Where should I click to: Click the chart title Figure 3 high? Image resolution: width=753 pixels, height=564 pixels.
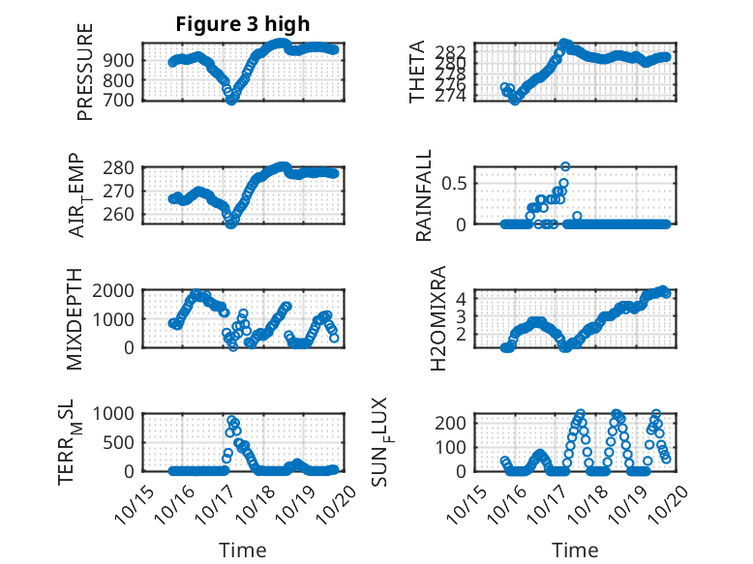pos(242,24)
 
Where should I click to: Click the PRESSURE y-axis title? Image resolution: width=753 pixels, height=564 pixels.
pos(85,72)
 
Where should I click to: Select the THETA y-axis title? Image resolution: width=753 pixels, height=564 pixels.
pos(417,72)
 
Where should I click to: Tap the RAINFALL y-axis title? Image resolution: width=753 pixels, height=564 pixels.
pos(424,196)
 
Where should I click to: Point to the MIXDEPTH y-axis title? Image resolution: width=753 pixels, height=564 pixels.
pos(76,319)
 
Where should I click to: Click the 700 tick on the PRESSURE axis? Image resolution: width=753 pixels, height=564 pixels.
pos(124,100)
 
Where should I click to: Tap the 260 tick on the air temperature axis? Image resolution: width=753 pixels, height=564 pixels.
pos(124,215)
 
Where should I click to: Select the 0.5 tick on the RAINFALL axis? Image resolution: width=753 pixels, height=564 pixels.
pos(456,183)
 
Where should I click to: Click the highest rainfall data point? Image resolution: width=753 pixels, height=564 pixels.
pos(565,166)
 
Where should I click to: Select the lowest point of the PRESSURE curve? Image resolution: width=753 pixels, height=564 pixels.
pos(231,100)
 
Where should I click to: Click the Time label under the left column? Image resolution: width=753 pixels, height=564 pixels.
pos(242,550)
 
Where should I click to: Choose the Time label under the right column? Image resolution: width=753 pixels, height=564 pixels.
pos(574,550)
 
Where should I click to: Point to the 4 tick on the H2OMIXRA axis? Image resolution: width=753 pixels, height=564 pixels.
pos(462,299)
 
